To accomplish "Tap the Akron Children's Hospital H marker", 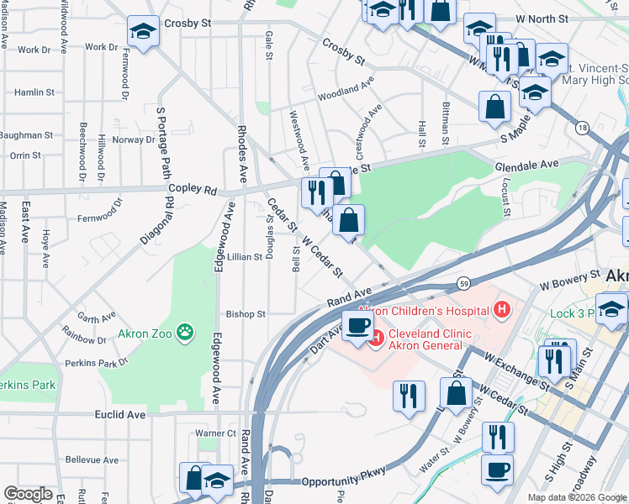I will tap(502, 311).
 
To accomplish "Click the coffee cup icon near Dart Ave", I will tap(357, 325).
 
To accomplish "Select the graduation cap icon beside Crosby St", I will tap(143, 32).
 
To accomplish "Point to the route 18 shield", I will tap(582, 128).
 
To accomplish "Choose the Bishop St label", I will tap(246, 314).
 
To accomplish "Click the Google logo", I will tap(29, 494).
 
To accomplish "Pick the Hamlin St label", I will tap(34, 92).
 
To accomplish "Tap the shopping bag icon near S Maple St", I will tap(494, 106).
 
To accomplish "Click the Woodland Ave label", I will tap(346, 88).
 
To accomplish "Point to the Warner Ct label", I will tap(215, 433).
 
